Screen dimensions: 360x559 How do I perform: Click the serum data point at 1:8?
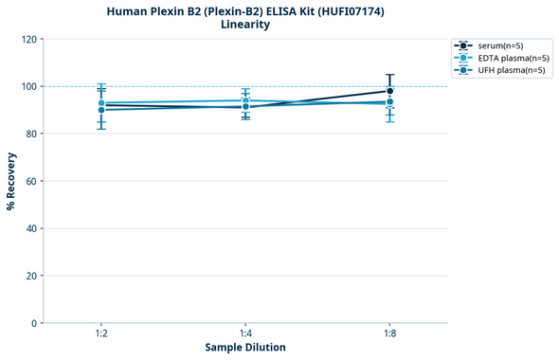(390, 91)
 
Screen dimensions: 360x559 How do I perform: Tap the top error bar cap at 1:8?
(390, 75)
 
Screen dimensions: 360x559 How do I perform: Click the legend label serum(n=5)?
(501, 45)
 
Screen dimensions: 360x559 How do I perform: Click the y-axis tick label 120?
(29, 39)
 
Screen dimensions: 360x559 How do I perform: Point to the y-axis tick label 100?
(29, 86)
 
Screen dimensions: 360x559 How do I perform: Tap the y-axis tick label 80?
(32, 134)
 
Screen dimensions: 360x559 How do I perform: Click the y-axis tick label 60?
(32, 181)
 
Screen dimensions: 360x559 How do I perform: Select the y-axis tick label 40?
(32, 228)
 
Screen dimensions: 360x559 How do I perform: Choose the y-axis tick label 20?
(32, 276)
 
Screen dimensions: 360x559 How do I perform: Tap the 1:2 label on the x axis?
(100, 334)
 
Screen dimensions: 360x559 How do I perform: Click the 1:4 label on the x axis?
(245, 334)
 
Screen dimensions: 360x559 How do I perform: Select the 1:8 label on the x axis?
(390, 334)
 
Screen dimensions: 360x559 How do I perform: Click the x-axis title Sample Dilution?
(245, 348)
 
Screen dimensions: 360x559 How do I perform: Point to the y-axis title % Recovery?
(11, 181)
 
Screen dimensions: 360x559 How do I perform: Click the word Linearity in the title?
(245, 25)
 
